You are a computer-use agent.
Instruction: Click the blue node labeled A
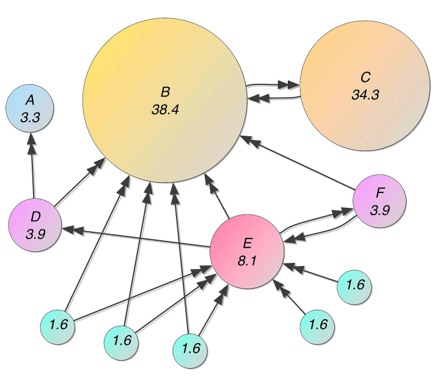[30, 109]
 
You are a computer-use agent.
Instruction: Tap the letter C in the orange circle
[365, 78]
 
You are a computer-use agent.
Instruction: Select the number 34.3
[365, 95]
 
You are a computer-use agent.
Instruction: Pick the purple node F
[380, 201]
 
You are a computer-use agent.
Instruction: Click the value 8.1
[248, 259]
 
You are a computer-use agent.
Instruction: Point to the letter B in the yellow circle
[166, 92]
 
